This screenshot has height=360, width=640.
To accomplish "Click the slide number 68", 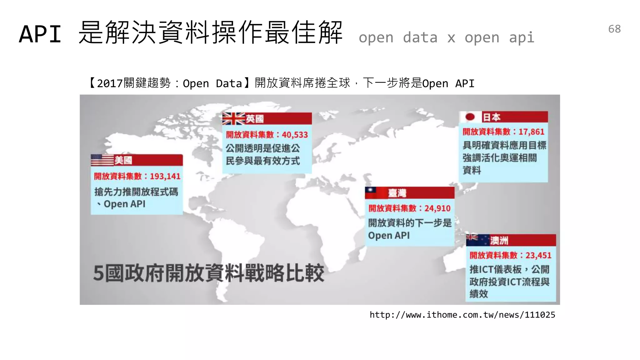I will (614, 29).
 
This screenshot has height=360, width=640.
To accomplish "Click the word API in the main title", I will (40, 34).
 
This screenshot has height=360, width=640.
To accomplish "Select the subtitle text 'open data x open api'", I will (446, 37).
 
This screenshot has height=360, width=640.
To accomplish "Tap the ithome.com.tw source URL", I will (462, 315).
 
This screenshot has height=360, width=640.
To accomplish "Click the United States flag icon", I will (102, 160).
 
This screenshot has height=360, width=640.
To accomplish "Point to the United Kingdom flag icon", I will (233, 119).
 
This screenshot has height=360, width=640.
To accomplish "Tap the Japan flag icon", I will (470, 117).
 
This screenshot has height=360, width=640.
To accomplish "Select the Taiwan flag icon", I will (371, 192).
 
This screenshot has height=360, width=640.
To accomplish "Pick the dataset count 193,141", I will (165, 176).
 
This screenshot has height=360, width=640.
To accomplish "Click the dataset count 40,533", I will (295, 135).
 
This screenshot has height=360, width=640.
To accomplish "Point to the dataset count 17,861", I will (531, 132).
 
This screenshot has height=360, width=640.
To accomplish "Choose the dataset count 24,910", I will (437, 208).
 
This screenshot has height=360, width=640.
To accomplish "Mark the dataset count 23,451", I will (538, 255).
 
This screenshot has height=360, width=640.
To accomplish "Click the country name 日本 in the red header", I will (492, 117).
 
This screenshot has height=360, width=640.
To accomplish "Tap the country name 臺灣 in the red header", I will (397, 193).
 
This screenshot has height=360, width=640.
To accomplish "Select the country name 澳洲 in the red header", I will (499, 240).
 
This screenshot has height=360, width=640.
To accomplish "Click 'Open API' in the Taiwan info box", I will (389, 235).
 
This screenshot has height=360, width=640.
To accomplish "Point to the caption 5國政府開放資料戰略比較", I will (208, 273).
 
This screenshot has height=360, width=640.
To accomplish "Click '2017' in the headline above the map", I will (110, 83).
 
